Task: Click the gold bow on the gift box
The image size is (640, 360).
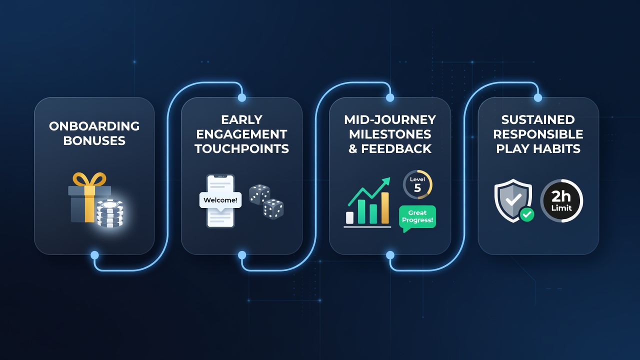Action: click(x=89, y=180)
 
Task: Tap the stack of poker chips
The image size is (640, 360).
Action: click(x=109, y=213)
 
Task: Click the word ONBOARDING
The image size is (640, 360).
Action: click(x=94, y=126)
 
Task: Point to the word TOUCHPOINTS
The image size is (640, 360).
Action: click(x=241, y=149)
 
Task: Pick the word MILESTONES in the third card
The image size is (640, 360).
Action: click(x=390, y=134)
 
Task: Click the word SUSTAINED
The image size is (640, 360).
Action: click(x=538, y=119)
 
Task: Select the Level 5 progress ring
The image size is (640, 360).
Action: click(x=417, y=184)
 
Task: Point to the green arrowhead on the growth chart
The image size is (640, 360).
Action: click(x=386, y=181)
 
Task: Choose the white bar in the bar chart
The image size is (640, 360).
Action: click(x=349, y=217)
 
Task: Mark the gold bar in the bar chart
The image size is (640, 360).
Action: click(x=385, y=207)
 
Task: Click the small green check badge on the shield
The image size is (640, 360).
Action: click(x=527, y=214)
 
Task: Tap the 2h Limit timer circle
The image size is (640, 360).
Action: click(x=561, y=201)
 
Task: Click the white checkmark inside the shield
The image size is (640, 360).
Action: click(x=513, y=199)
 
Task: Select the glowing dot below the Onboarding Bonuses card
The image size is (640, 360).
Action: click(x=94, y=255)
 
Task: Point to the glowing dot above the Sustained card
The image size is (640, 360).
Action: click(x=538, y=97)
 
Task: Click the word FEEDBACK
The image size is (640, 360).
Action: click(x=396, y=149)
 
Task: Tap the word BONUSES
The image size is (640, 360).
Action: click(x=94, y=141)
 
